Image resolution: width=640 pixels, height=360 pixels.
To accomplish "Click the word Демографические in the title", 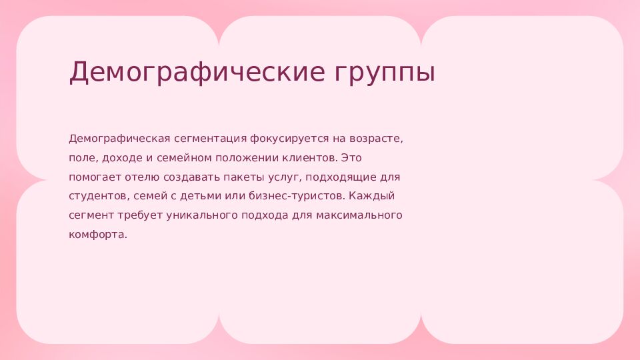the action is pos(197,72).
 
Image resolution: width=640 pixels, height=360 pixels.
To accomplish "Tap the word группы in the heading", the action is pos(385,74).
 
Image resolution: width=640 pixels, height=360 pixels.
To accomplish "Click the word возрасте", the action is pos(376,139).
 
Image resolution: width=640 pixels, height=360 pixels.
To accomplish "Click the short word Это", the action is pos(351,157).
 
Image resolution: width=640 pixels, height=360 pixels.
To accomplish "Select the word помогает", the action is pos(95,177).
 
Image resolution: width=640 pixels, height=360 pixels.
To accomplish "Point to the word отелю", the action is pos(143,177).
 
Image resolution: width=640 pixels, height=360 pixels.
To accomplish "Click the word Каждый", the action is pos(372,196).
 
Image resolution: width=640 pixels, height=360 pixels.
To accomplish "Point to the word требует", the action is pos(141,215).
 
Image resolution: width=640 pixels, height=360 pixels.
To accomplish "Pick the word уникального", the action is pos(202,215).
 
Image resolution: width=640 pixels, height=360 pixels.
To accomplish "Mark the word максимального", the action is pos(359,215).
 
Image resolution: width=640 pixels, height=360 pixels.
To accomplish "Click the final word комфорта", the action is pos(98,235).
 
